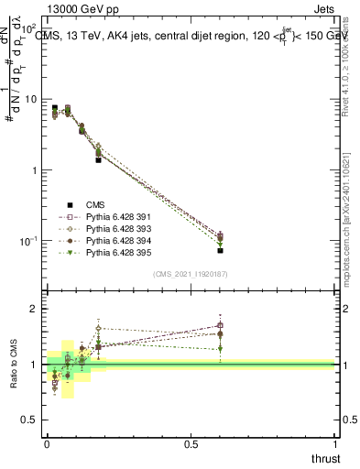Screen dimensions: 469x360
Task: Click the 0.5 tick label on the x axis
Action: [191, 445]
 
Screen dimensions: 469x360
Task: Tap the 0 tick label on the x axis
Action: [47, 445]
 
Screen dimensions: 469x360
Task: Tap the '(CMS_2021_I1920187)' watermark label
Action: [191, 274]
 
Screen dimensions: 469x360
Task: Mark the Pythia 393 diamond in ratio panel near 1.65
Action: [98, 328]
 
